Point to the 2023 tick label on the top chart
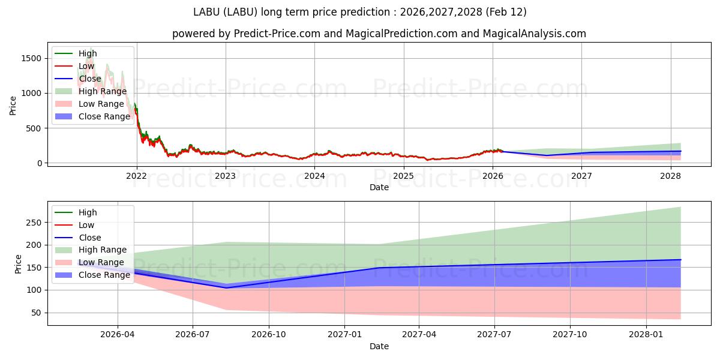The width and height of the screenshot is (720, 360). click(226, 176)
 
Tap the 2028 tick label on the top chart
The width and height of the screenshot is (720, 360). click(670, 176)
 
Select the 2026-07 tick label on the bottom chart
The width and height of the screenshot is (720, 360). click(193, 335)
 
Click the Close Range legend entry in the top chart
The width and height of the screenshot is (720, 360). click(104, 116)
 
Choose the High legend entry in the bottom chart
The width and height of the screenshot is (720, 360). click(88, 212)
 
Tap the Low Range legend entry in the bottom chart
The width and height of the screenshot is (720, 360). click(101, 262)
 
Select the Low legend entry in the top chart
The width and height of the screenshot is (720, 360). click(86, 66)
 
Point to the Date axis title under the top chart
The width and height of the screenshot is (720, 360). click(379, 187)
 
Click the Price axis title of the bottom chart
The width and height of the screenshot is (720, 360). click(18, 264)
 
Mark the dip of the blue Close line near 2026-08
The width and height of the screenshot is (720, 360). click(227, 288)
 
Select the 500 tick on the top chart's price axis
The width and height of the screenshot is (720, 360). click(35, 128)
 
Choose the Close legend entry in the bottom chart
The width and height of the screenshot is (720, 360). click(90, 238)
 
